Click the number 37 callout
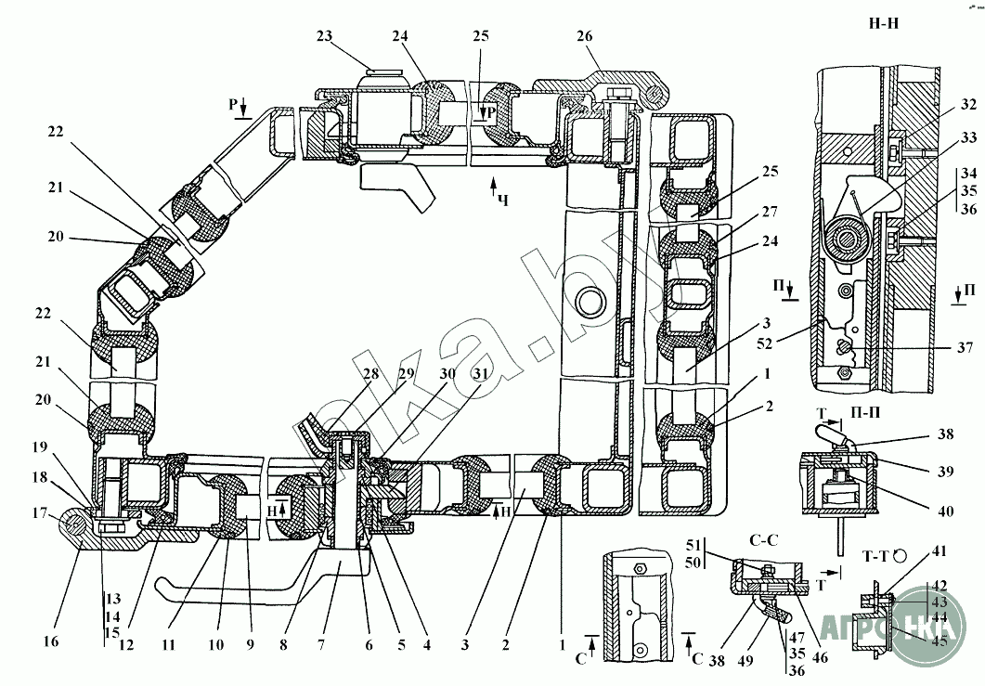[x=965, y=349]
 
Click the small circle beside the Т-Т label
[x=900, y=556]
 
